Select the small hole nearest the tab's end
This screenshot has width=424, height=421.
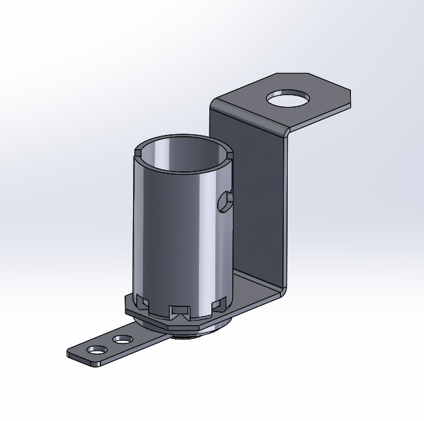click(97, 350)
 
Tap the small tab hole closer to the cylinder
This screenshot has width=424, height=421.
click(121, 340)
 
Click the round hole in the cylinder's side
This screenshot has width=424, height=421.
click(225, 201)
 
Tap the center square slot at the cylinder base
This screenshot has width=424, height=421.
click(179, 311)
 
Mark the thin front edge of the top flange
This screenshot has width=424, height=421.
click(320, 117)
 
